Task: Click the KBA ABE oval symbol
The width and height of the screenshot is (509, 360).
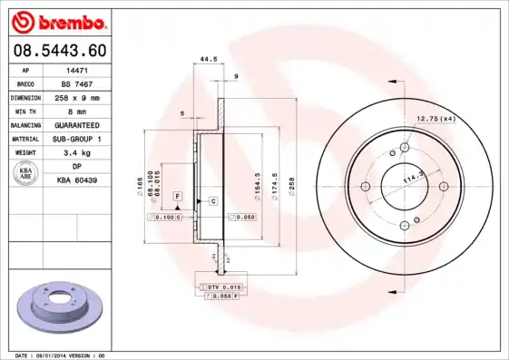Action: coord(26,173)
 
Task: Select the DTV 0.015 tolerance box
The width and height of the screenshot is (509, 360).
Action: coord(219,287)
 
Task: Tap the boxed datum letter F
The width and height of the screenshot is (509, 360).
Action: coord(178,196)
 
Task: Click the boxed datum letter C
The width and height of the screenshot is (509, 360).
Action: coord(212,199)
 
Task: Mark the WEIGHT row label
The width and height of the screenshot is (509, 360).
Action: coord(26,153)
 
